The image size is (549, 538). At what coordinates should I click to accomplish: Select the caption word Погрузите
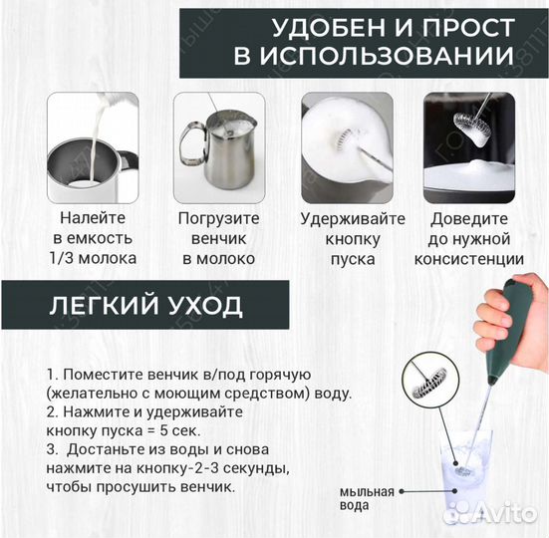[x=218, y=217]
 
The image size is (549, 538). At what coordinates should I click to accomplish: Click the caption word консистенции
[x=469, y=258]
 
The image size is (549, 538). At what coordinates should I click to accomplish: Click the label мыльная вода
[x=366, y=498]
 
